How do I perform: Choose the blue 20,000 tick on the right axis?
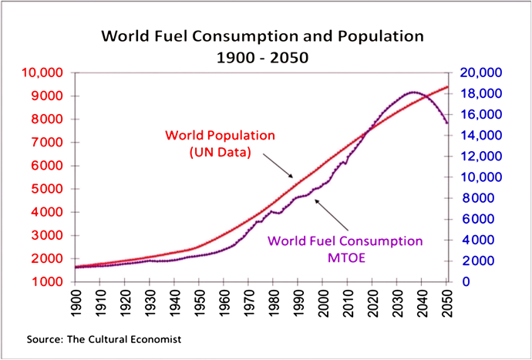coord(480,73)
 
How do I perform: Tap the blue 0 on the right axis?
coord(466,281)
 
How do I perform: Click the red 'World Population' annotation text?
coord(220,135)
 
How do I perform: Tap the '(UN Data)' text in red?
coord(221,152)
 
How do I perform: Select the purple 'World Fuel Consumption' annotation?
coord(345,241)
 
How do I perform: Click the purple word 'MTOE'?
coord(345,257)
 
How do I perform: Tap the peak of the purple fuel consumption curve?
coord(413,93)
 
